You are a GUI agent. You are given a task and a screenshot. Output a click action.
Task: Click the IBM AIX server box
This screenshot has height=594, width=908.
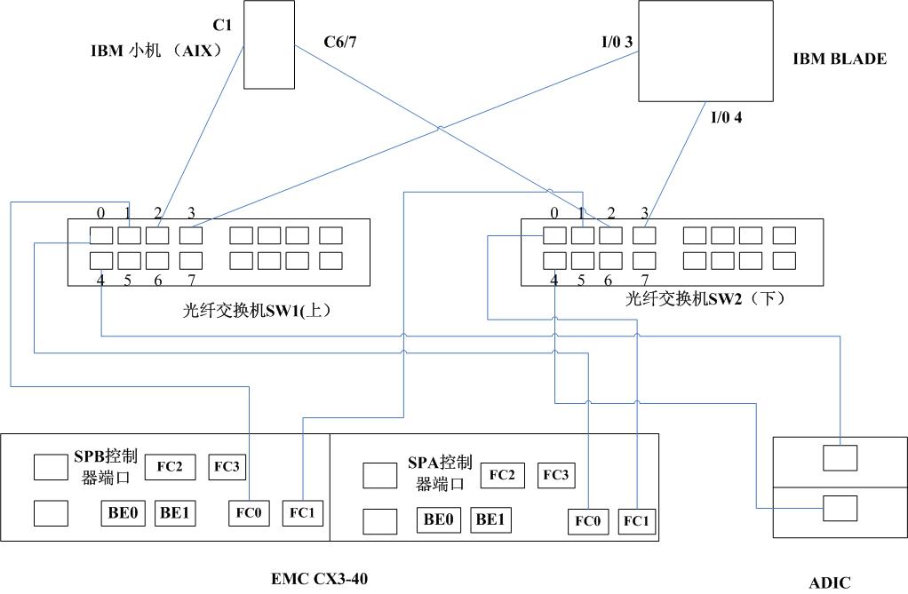coord(269,44)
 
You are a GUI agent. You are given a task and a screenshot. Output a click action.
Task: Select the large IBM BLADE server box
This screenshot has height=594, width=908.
coord(705,51)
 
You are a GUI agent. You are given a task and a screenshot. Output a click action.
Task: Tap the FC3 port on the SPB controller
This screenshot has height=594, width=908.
coord(227,466)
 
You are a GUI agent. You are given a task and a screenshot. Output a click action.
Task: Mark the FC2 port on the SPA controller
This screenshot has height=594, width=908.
coord(502,475)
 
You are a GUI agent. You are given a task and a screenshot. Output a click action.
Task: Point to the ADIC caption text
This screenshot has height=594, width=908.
coord(829,582)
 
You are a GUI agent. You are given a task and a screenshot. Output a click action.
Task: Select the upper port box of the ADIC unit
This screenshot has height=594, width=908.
coord(840,458)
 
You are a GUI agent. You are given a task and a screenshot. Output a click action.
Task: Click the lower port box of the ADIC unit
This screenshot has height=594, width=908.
coord(840,508)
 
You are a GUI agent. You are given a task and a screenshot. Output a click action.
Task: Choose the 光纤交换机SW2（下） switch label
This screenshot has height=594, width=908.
coord(706,299)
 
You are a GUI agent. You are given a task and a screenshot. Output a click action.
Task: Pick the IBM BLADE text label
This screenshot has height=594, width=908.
coord(840,59)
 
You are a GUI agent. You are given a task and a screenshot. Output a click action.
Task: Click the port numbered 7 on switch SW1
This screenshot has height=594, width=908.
coord(190,260)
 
